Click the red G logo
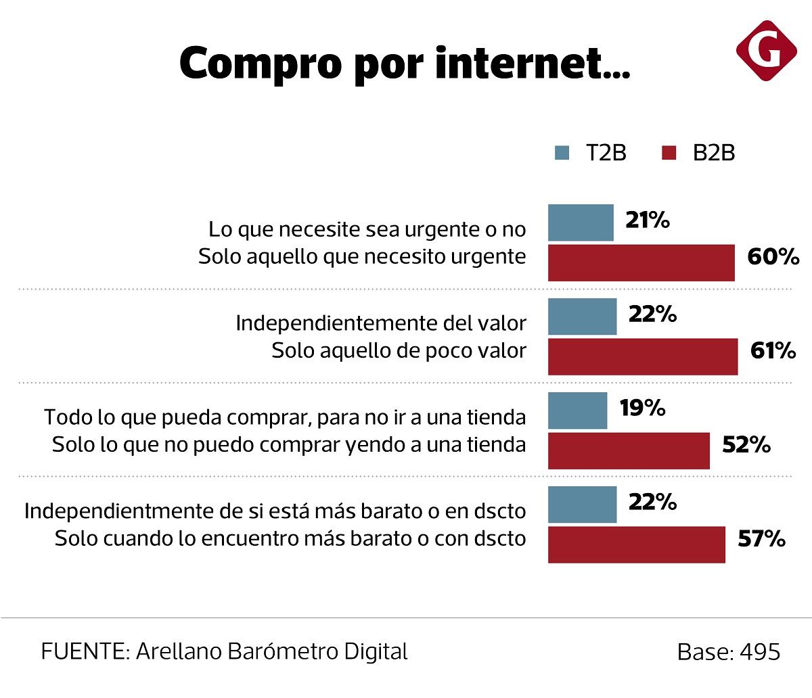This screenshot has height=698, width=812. point(767,50)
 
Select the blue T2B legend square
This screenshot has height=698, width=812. point(562,153)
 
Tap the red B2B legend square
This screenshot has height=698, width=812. point(668,153)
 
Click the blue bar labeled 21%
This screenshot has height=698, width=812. point(581,223)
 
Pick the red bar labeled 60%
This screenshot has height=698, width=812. point(641,262)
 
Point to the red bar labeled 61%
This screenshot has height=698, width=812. point(643,356)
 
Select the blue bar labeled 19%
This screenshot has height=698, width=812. point(577,411)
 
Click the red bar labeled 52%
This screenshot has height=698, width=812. point(629,450)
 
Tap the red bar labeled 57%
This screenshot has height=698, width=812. point(636,544)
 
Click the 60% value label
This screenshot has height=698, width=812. point(773,258)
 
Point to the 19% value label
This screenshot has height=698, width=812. point(642,409)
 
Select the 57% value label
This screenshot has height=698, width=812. point(761,540)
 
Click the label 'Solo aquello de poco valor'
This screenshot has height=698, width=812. point(399,351)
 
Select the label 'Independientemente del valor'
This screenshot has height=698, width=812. point(380,323)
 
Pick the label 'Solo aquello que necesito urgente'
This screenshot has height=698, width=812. point(362,257)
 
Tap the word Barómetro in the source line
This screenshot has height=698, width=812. point(281,652)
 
